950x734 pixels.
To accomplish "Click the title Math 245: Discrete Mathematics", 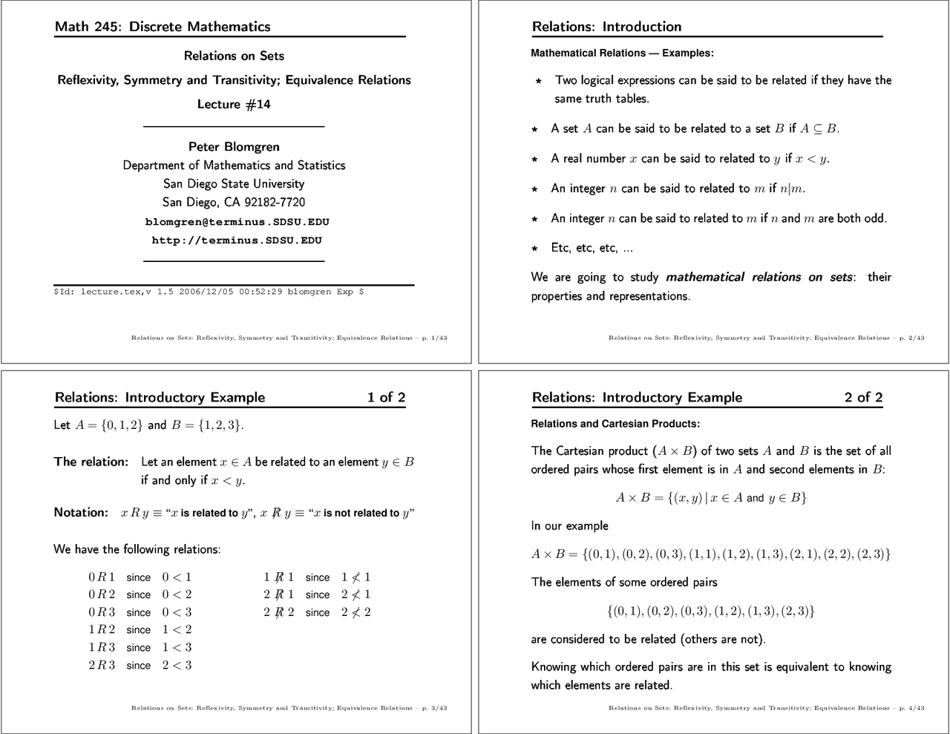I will [163, 27].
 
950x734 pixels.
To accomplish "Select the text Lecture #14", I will [234, 104].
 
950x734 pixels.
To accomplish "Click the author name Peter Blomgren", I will [234, 146].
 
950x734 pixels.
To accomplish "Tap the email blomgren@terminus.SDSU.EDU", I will [237, 222].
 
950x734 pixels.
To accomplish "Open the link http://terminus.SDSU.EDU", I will [237, 240].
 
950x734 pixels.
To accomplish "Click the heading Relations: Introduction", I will [606, 27].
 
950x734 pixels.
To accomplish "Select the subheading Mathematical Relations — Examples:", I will [622, 53].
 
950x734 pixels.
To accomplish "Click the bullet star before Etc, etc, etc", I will [534, 249].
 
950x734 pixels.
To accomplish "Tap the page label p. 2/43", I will [911, 338].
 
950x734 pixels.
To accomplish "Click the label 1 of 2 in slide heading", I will [386, 397].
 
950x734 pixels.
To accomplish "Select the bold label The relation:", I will [91, 462].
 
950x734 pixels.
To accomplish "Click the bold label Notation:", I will [81, 512].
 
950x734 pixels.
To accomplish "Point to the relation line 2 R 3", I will [102, 665].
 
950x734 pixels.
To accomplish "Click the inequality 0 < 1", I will [177, 577].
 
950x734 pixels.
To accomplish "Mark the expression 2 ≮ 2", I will [356, 612].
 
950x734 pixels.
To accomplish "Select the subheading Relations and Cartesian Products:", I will [615, 424].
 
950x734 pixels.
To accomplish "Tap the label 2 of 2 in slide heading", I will [863, 397].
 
